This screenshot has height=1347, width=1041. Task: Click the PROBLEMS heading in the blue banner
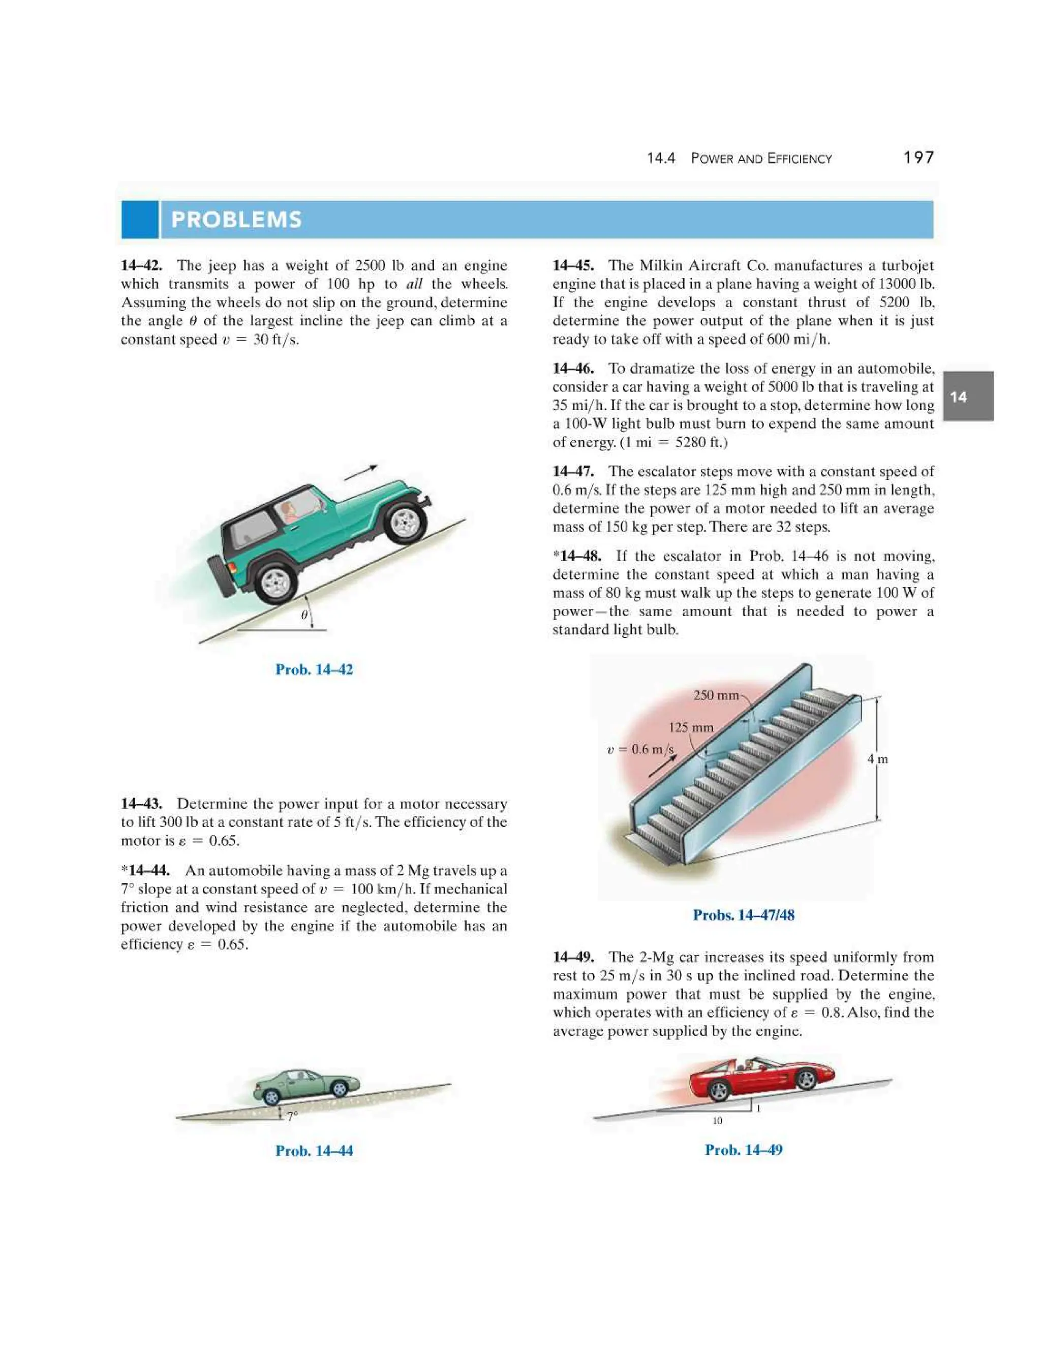236,220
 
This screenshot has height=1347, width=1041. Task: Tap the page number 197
918,158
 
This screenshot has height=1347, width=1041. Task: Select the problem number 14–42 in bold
141,266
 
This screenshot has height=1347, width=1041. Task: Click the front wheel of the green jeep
405,522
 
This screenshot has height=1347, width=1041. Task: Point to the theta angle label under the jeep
304,615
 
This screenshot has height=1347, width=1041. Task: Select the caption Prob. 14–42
314,670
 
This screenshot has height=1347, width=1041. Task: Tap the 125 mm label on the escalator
691,727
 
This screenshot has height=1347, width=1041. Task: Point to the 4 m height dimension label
877,759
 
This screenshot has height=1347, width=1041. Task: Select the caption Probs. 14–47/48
743,914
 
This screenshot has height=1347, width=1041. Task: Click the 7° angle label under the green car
292,1116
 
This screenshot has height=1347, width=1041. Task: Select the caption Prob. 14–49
743,1150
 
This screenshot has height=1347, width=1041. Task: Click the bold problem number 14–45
573,266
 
